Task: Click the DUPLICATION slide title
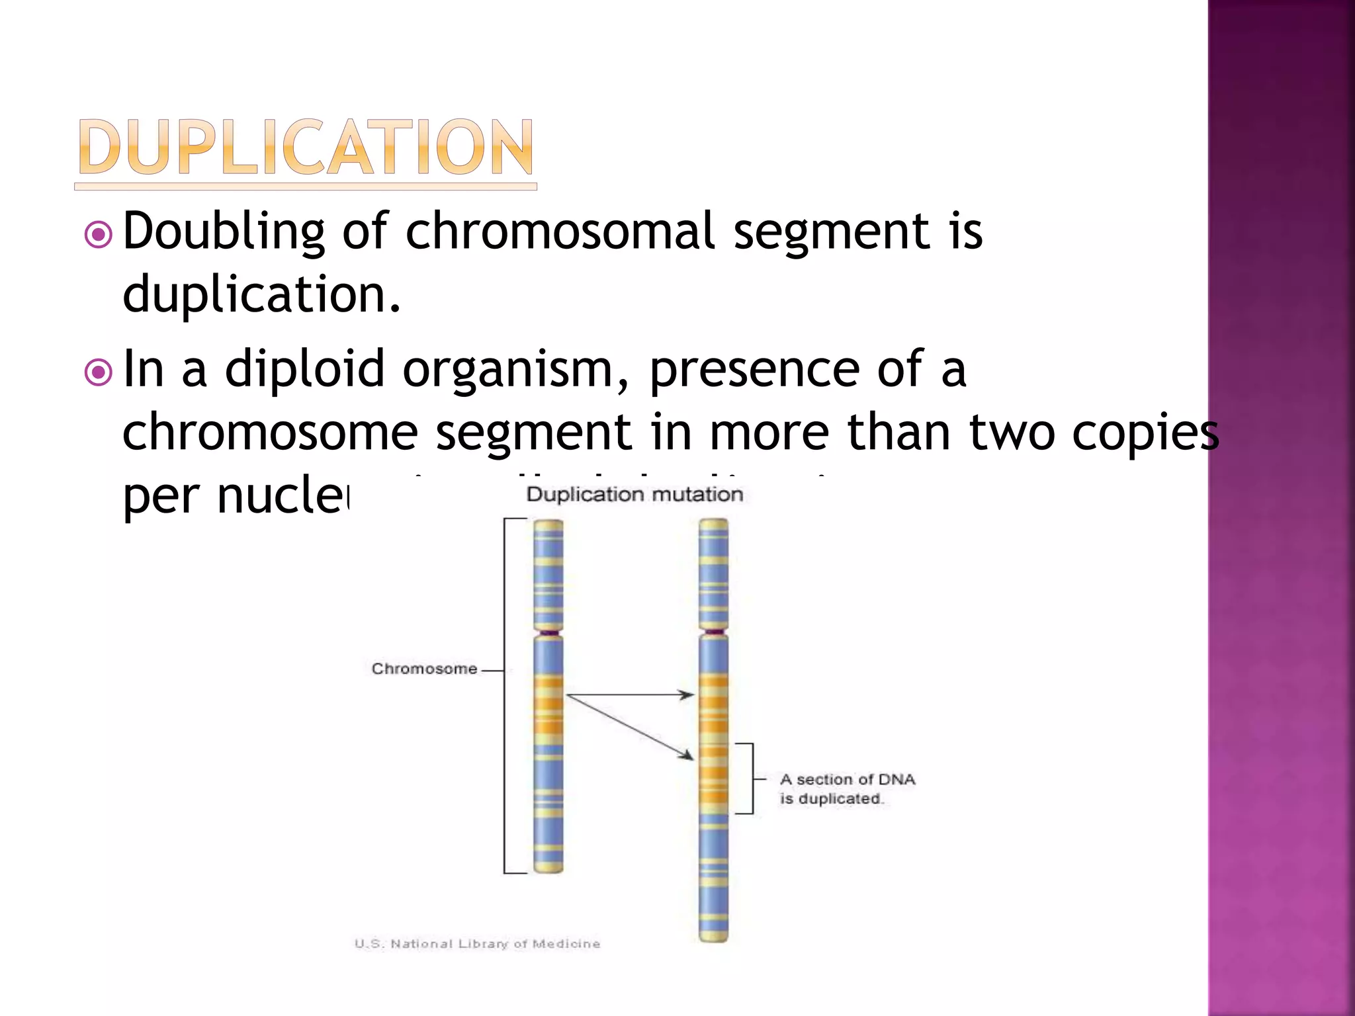click(x=305, y=148)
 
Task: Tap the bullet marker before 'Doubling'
click(x=99, y=234)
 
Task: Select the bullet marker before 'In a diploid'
click(x=99, y=372)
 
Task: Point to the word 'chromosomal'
click(x=560, y=232)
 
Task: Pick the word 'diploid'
click(x=304, y=369)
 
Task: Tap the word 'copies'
click(x=1145, y=433)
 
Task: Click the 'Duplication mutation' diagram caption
click(x=634, y=494)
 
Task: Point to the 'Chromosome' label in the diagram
click(x=424, y=669)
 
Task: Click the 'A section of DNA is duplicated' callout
click(x=847, y=788)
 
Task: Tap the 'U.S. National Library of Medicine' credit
click(x=477, y=944)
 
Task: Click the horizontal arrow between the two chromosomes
click(x=630, y=695)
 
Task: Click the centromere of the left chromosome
click(x=548, y=633)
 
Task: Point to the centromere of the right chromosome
click(x=713, y=632)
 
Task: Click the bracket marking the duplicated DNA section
click(x=752, y=779)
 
